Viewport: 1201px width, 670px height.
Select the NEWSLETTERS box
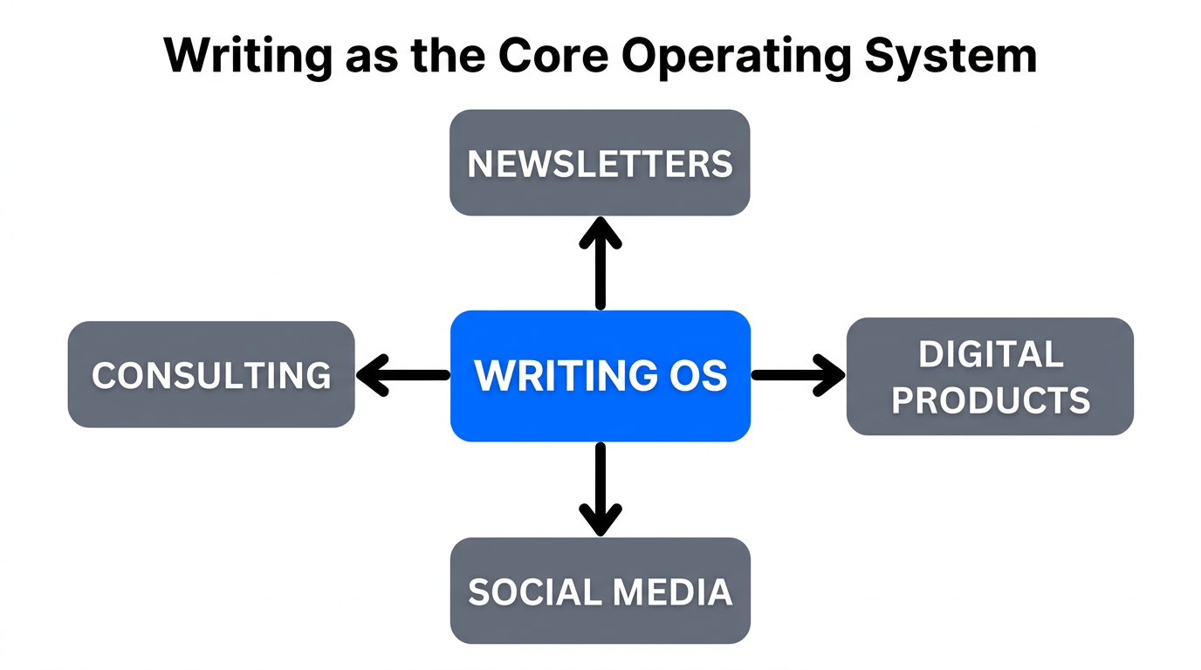pos(600,163)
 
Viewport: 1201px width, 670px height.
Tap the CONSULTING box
pos(211,375)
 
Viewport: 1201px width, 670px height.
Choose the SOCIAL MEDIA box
pos(600,591)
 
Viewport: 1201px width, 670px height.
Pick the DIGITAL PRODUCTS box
pos(990,376)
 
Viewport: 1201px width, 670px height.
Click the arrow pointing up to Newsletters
pos(600,262)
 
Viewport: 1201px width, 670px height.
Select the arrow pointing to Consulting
pos(401,376)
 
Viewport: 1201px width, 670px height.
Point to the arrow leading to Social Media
pos(600,489)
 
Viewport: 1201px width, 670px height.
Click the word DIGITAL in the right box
pos(991,354)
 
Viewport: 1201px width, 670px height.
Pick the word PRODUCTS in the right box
pos(991,400)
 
